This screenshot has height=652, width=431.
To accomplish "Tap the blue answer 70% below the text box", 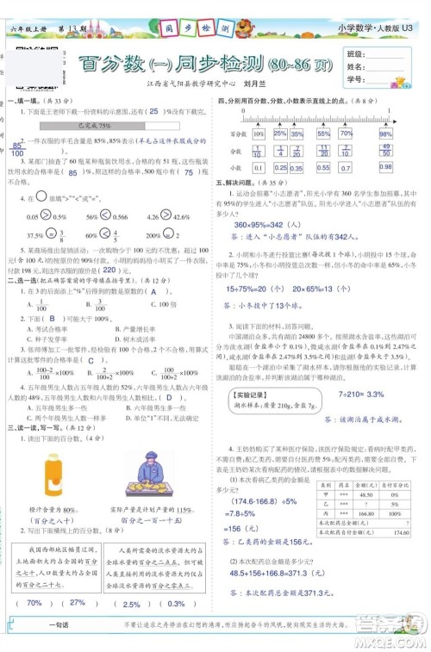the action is point(34,627).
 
